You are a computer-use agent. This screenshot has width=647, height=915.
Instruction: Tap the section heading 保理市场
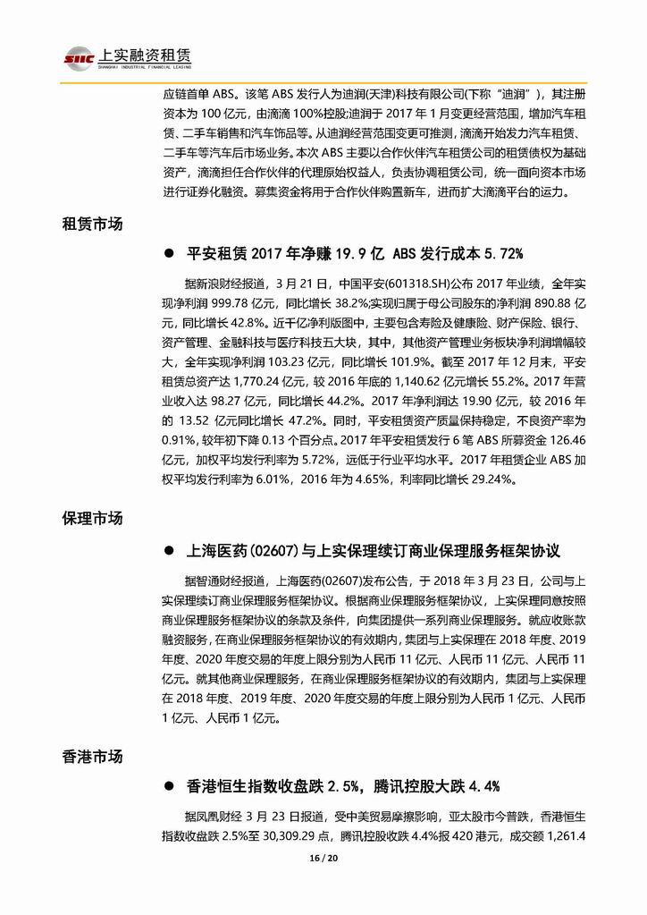coord(92,520)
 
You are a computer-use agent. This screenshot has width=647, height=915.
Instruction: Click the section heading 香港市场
coord(92,756)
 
